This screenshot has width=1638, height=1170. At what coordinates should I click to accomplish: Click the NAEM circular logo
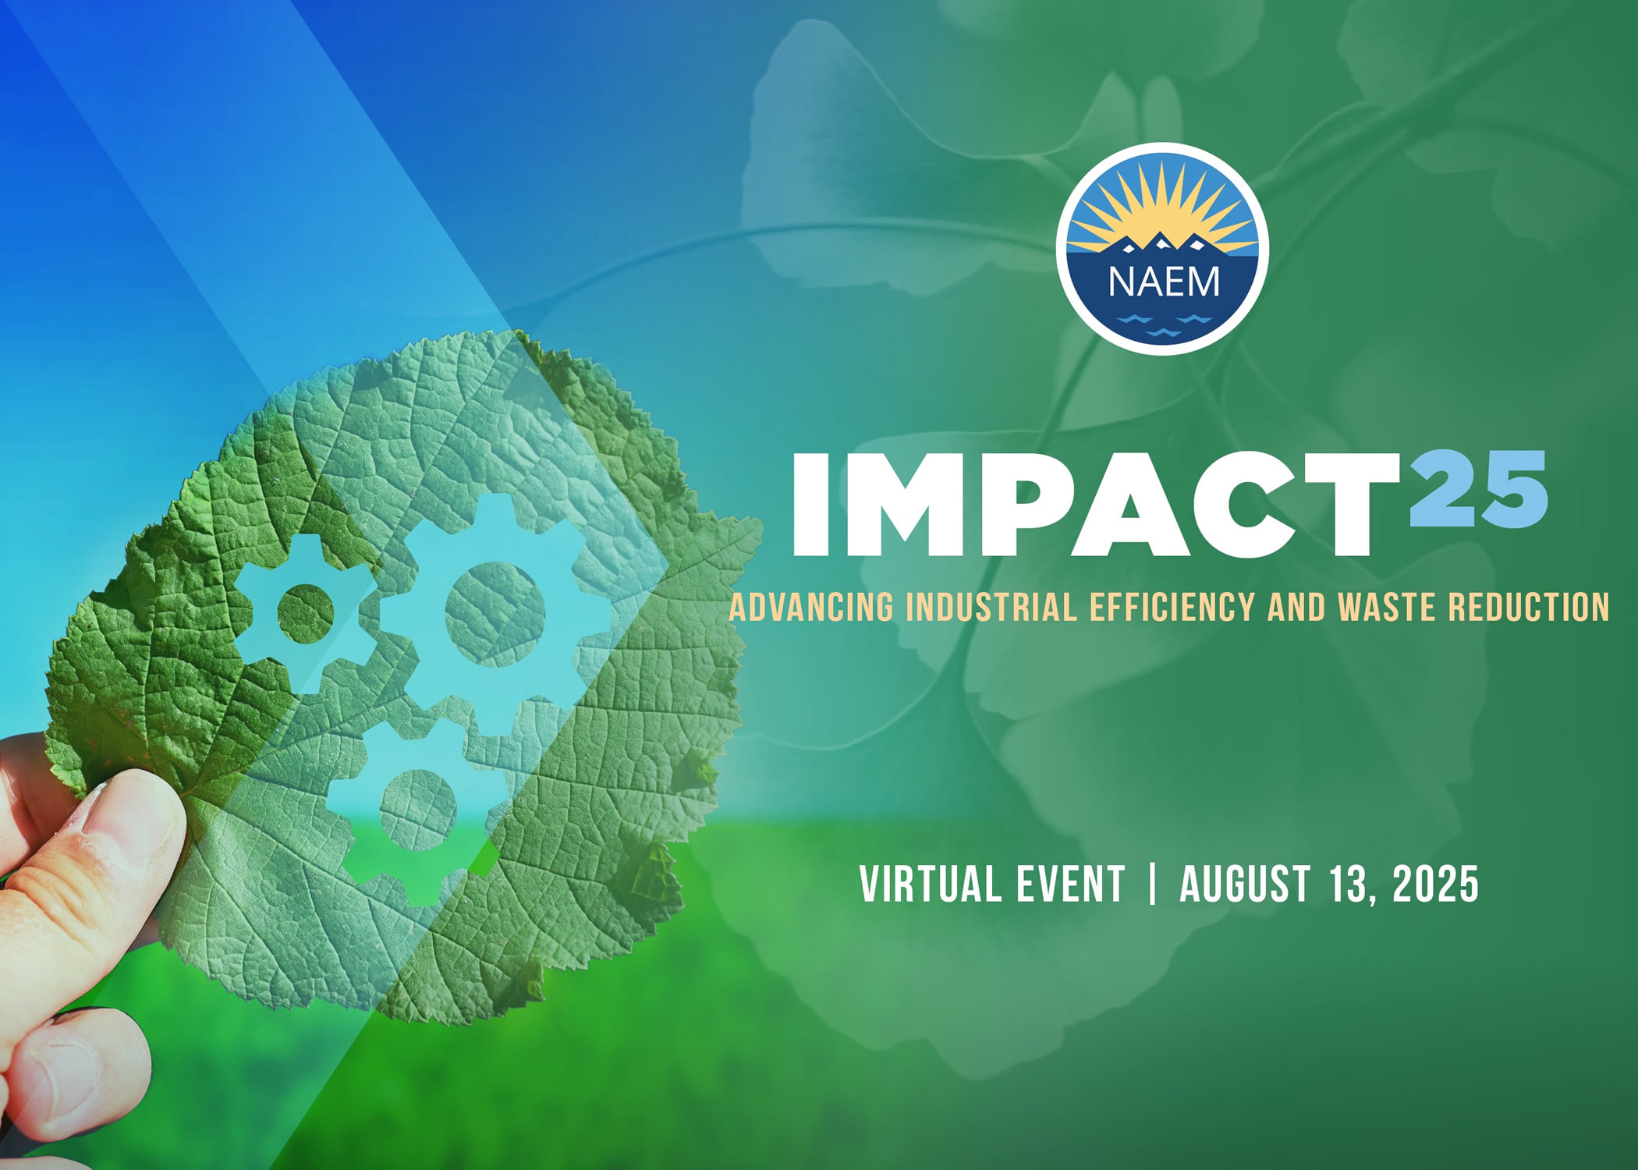pos(1162,249)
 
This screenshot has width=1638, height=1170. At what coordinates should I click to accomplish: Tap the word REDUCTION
pos(1529,608)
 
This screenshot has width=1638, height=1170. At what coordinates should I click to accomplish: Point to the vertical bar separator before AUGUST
pos(1152,884)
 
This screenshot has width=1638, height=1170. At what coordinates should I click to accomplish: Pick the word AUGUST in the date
pos(1245,883)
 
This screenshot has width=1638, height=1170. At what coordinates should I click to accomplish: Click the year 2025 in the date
pos(1435,883)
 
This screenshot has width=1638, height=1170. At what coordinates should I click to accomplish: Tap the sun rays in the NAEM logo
pos(1162,207)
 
